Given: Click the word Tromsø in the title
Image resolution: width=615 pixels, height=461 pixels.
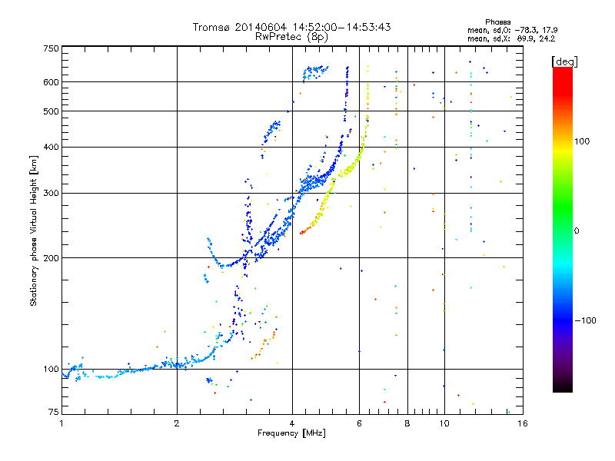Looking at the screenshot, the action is pyautogui.click(x=211, y=27).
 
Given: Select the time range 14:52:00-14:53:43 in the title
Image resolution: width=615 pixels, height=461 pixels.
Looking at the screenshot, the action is pyautogui.click(x=341, y=27).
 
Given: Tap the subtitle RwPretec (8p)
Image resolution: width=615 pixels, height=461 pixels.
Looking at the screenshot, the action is pyautogui.click(x=291, y=37).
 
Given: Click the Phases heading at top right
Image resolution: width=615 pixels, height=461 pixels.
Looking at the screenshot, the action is pyautogui.click(x=497, y=22).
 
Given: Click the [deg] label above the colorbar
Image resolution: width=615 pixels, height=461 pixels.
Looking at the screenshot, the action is pyautogui.click(x=564, y=61).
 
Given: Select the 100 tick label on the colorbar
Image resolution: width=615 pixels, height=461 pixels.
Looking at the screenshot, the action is pyautogui.click(x=582, y=141).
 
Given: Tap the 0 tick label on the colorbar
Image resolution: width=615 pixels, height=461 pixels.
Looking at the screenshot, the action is pyautogui.click(x=577, y=230).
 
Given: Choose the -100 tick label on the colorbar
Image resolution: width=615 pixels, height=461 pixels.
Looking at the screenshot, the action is pyautogui.click(x=585, y=320).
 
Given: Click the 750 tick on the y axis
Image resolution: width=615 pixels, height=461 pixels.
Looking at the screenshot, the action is pyautogui.click(x=52, y=48).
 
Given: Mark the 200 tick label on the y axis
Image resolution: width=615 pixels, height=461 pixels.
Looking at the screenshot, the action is pyautogui.click(x=52, y=258).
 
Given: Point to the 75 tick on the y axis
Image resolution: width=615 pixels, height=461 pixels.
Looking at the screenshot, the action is pyautogui.click(x=54, y=412).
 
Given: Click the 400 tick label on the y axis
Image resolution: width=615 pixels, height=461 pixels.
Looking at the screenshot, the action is pyautogui.click(x=52, y=147).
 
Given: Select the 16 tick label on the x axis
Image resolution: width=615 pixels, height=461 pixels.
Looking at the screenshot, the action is pyautogui.click(x=522, y=423).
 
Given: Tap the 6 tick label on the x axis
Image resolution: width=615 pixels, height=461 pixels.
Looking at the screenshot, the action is pyautogui.click(x=359, y=423).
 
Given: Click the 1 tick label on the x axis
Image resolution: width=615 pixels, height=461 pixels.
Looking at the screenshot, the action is pyautogui.click(x=61, y=423).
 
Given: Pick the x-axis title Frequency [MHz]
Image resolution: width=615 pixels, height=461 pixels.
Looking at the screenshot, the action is pyautogui.click(x=291, y=433).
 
